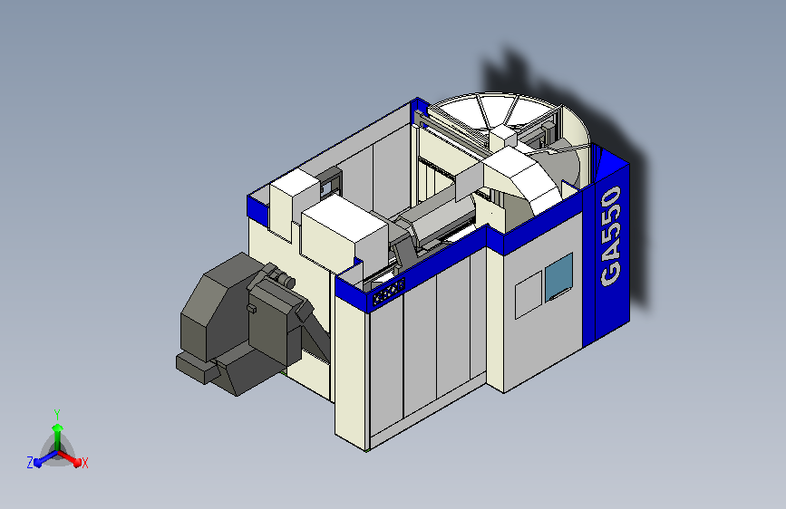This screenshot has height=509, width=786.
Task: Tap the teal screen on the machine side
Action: pos(558,276)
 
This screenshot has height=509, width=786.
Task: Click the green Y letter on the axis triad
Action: pos(56,412)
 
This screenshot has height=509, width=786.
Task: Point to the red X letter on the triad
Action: pos(84,463)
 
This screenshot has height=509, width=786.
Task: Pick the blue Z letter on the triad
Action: pos(30,463)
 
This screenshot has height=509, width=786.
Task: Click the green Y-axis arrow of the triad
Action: pos(56,431)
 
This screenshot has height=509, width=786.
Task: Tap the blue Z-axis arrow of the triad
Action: pos(42,459)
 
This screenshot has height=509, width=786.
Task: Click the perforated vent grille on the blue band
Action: pos(388,291)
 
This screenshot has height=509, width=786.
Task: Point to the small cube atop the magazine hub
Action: pos(503,138)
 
